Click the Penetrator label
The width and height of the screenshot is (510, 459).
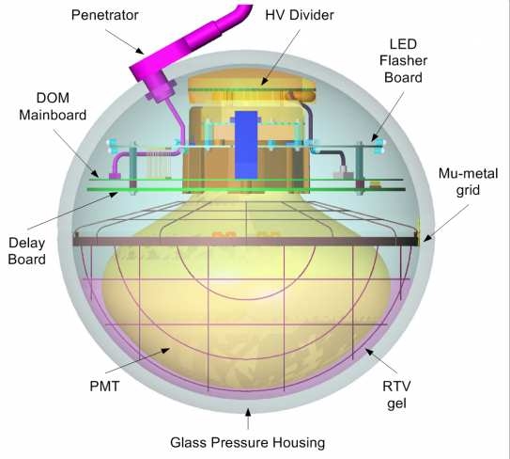coord(105,15)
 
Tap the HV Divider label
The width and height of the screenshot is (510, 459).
coord(300,15)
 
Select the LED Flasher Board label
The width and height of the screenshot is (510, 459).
coord(403,60)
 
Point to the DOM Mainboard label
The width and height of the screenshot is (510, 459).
coord(53,106)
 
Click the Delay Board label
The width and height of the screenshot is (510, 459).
coord(26,251)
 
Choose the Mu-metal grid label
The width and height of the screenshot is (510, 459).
coord(468,182)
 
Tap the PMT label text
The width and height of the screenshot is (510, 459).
coord(104,387)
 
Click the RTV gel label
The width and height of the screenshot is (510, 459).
coord(396,395)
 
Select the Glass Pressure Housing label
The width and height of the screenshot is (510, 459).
coord(248,443)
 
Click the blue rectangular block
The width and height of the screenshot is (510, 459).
coord(246,145)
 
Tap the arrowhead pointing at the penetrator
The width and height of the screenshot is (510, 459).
coord(139,51)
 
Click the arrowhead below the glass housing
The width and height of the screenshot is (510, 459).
coord(248,412)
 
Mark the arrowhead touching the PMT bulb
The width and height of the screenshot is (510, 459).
coord(166,350)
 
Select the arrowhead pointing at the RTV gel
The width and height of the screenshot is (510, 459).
coord(369,352)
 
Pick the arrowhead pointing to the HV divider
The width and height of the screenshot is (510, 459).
coord(265,81)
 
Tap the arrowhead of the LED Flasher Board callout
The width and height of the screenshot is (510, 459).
coord(375,137)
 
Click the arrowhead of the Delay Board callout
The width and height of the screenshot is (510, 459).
coord(114,195)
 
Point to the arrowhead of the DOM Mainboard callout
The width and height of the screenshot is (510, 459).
coord(95,173)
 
